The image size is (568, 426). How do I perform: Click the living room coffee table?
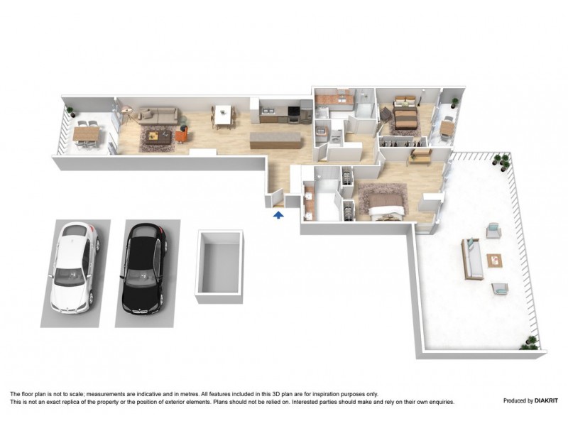tap(157, 136)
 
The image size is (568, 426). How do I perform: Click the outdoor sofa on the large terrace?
tap(471, 258)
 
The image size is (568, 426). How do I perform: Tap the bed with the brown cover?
tap(403, 117)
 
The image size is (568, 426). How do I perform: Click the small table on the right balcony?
tap(447, 128)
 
